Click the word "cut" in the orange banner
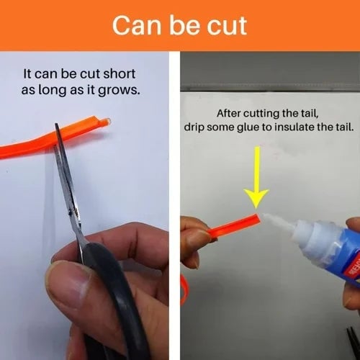click(x=227, y=26)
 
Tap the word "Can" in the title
click(x=137, y=25)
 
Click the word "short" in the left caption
click(x=120, y=73)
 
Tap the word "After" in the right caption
click(x=229, y=113)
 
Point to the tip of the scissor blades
click(x=57, y=125)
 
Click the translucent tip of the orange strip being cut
click(x=107, y=121)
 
